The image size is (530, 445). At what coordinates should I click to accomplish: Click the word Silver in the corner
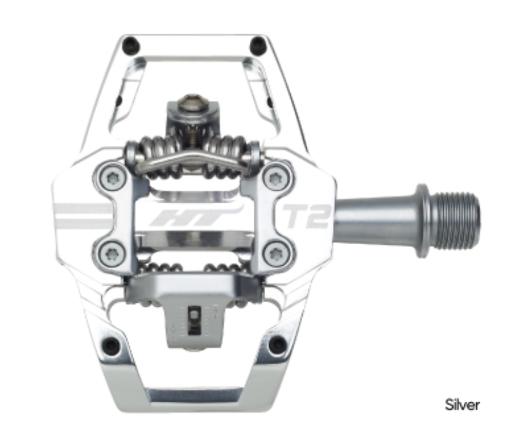[x=463, y=405]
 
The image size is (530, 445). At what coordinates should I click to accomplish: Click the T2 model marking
[x=307, y=217]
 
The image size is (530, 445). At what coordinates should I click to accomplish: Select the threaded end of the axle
[x=458, y=221]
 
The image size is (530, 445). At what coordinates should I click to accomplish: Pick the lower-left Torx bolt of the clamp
[x=110, y=254]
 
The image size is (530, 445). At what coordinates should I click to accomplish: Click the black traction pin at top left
[x=132, y=43]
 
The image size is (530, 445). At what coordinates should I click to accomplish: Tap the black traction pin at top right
[x=256, y=43]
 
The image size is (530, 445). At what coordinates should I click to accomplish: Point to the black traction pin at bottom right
[x=277, y=345]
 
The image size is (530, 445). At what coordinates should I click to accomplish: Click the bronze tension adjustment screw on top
[x=192, y=104]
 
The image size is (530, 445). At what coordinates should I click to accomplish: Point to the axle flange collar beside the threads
[x=422, y=221]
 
